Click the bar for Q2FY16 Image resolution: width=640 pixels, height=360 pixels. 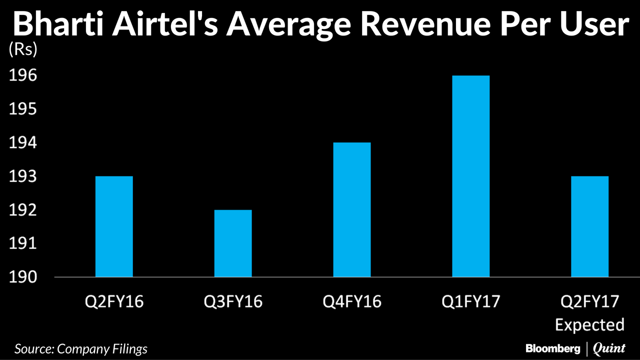point(114,226)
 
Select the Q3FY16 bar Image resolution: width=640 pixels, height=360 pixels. point(233,243)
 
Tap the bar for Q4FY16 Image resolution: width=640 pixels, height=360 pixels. point(352,209)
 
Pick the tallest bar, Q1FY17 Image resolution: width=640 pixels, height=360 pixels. point(471,176)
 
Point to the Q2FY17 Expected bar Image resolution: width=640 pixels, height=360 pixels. point(590,226)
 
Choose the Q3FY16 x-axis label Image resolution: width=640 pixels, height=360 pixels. point(233,302)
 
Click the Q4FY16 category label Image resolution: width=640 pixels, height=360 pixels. point(352,302)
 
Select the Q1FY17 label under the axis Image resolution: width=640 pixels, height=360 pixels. point(471,302)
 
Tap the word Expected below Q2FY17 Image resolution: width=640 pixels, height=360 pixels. point(590,324)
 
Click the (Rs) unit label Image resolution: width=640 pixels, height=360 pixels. point(23,50)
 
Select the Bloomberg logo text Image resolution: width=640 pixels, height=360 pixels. point(552,348)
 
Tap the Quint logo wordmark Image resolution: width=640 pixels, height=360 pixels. point(609,348)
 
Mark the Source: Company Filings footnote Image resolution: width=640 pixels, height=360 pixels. point(81,348)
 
